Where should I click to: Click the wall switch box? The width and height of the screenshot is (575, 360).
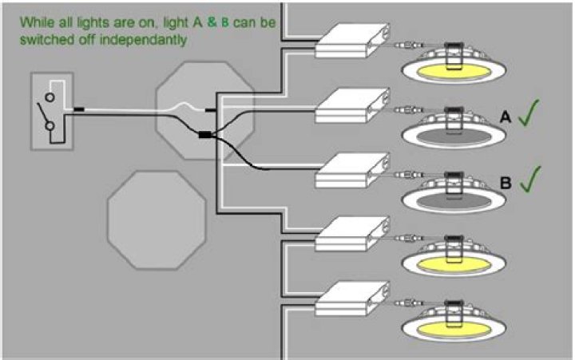coord(52,110)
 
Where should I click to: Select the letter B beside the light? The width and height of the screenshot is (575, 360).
coord(506,182)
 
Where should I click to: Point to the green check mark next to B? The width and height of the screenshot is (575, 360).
coord(531,179)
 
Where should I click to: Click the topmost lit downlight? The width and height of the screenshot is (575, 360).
coord(451,70)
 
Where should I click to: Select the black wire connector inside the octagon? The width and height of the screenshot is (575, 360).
coord(205,135)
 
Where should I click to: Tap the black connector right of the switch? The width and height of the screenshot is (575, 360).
coord(80,108)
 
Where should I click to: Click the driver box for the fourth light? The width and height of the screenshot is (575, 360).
coord(351,236)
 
